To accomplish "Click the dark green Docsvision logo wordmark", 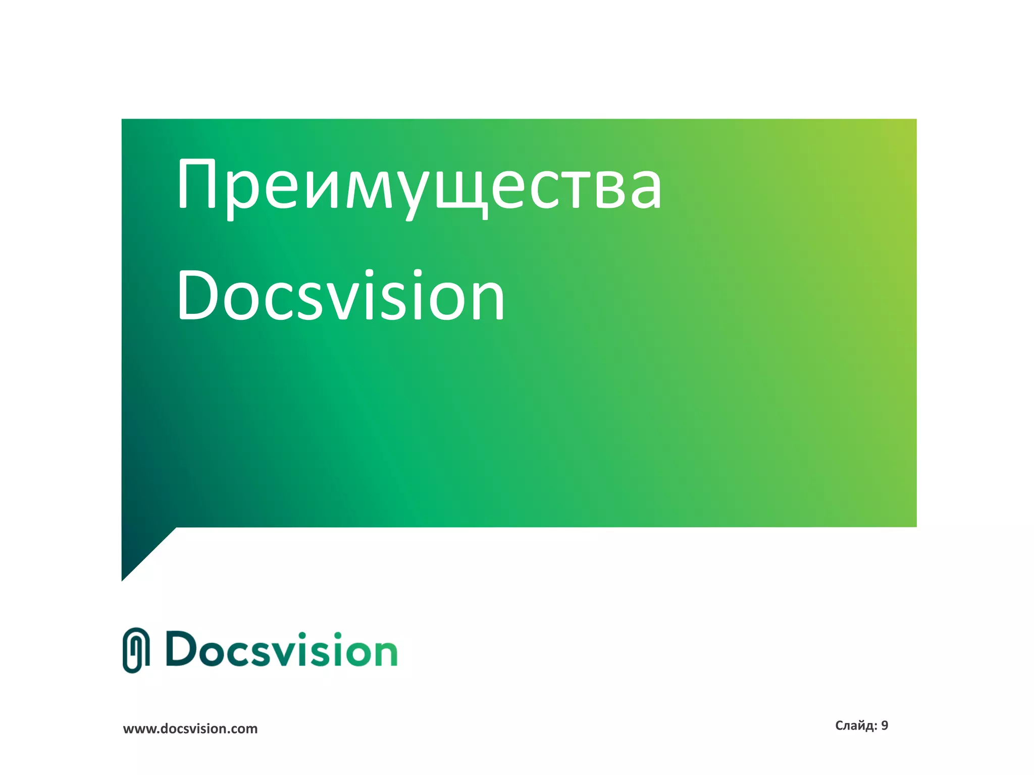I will point(281,650).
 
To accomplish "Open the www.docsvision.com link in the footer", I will point(190,729).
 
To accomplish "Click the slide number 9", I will point(885,726).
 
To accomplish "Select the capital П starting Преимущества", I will point(197,184).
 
